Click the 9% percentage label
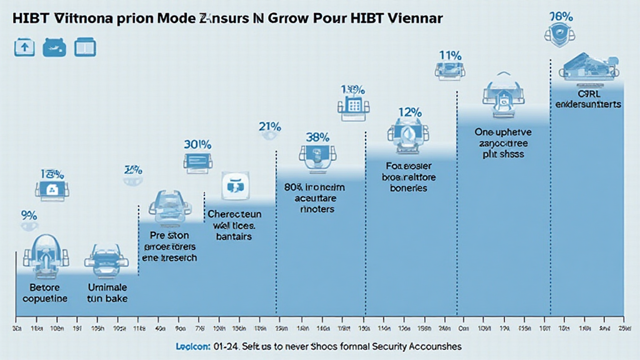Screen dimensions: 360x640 (29, 216)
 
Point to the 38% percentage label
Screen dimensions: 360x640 (318, 136)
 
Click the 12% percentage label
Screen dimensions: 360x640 (409, 112)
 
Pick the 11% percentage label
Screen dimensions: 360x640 (450, 55)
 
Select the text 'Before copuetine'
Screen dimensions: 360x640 (44, 293)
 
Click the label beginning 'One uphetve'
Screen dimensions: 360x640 (499, 142)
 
